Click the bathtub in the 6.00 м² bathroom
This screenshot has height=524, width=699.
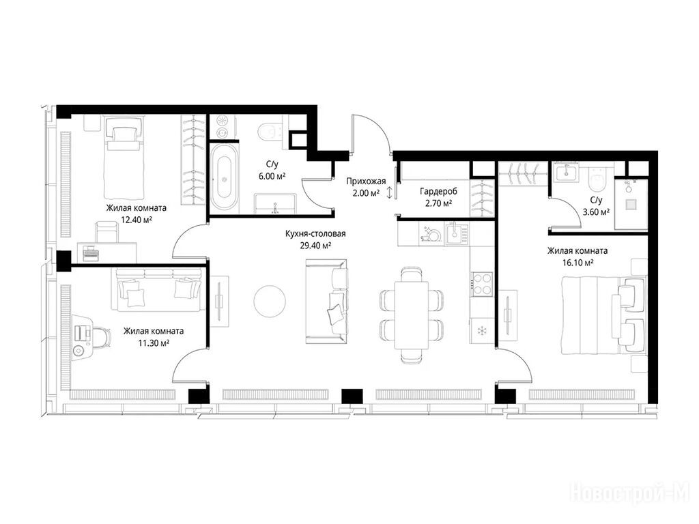coord(224,177)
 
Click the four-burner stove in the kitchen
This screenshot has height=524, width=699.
coord(481,283)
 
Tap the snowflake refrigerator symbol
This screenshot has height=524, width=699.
coord(481,331)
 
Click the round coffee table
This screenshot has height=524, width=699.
coord(270,301)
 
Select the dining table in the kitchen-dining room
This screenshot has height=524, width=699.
coord(412,315)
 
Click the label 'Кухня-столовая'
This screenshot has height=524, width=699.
coord(315,233)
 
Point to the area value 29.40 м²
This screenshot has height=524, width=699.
coord(315,246)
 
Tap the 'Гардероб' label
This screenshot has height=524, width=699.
coord(438,191)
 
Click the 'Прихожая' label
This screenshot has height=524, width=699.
coord(366,181)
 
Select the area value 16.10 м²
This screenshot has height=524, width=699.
coord(577,263)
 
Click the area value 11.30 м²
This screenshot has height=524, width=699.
coord(154,343)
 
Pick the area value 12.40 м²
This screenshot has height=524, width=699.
coord(137,219)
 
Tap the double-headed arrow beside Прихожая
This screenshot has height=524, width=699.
coord(390,192)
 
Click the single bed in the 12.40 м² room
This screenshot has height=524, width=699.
coord(124,158)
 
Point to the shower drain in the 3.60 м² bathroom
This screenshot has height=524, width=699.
coord(630,204)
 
